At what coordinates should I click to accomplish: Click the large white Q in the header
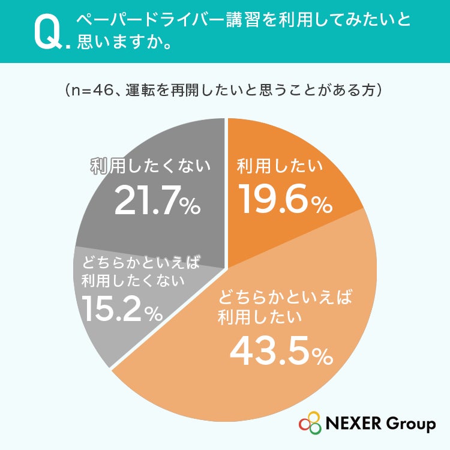47,32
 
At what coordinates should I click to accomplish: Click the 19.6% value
286,199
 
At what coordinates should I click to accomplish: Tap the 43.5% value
281,351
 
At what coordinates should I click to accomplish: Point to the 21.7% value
157,200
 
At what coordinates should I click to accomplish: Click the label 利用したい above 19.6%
280,166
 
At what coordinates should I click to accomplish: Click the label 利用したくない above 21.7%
151,166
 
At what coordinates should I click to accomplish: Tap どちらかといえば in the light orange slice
284,297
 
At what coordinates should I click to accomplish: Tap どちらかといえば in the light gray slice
140,262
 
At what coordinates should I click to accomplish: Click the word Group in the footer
410,425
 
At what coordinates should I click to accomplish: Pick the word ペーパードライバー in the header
150,20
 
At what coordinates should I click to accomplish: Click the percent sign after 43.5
323,356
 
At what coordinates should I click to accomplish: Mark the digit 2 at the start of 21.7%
124,200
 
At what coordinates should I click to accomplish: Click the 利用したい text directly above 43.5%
259,317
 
